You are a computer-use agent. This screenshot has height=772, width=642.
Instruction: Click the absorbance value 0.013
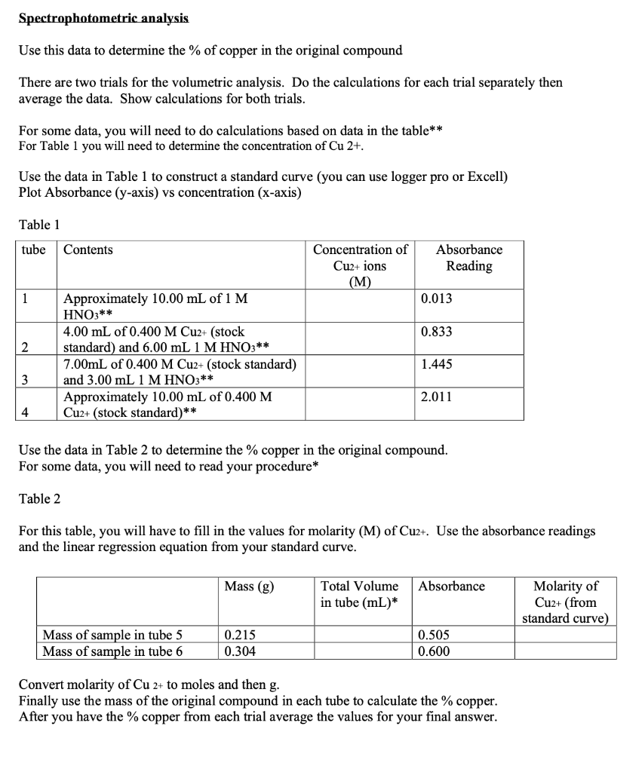coord(437,299)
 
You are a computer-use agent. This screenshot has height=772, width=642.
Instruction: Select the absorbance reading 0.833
coord(437,331)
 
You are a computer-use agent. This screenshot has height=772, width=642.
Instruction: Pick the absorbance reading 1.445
coord(437,364)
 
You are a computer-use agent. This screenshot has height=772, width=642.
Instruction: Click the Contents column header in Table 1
coord(88,250)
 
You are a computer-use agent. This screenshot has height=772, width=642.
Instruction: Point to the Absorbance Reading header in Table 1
coord(468,258)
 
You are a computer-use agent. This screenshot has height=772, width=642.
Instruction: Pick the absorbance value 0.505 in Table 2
coord(435,636)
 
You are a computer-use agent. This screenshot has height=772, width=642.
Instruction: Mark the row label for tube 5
coord(112,636)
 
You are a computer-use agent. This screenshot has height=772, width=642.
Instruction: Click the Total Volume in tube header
coord(359,594)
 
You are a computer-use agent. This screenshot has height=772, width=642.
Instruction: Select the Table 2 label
coord(39,498)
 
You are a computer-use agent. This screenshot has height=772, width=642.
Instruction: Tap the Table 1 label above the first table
coord(39,225)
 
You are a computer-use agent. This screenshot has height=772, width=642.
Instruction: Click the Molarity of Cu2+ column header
coord(565,602)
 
